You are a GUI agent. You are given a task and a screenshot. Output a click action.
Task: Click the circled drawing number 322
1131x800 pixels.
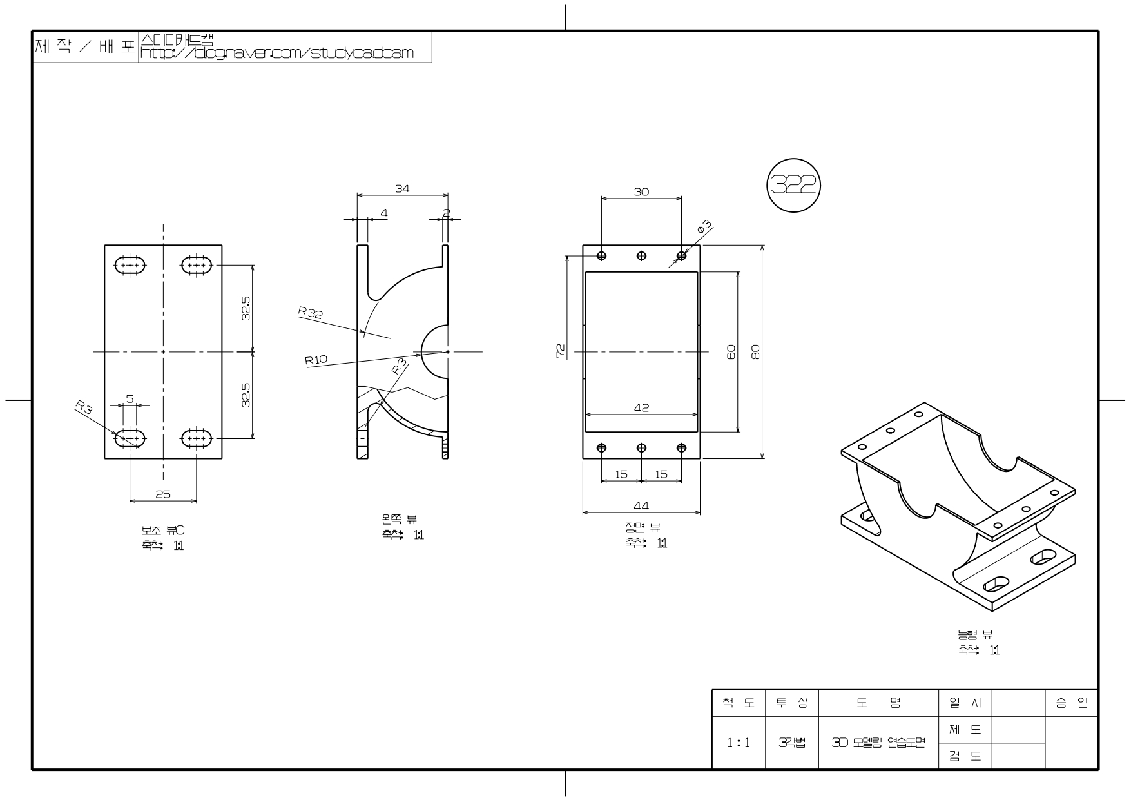tap(793, 186)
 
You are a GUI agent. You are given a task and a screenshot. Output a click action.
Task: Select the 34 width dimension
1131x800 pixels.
tap(402, 189)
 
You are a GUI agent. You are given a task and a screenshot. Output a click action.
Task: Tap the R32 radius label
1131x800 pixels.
tap(310, 313)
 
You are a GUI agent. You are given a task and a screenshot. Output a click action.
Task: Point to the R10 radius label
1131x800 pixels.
tap(316, 360)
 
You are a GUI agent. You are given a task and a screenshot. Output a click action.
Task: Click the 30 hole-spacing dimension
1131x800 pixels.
tap(641, 191)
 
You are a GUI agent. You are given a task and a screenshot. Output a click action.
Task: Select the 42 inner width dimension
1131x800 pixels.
tap(641, 407)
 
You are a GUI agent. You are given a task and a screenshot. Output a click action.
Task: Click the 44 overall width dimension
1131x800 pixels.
tap(641, 506)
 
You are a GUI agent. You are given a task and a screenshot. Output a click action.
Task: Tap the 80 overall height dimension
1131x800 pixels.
tap(755, 352)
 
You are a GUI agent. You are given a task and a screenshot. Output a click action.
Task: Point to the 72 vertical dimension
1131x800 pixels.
tap(561, 350)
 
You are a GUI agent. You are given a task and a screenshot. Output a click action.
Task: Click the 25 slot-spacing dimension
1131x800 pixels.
tap(163, 494)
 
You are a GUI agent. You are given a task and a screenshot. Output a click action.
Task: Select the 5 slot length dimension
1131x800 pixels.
tap(130, 399)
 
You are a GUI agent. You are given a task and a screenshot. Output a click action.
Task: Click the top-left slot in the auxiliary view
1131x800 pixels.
tap(130, 265)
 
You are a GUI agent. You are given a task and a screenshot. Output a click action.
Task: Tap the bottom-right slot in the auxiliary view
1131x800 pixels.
tap(197, 439)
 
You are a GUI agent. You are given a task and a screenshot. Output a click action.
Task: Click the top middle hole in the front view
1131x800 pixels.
tap(642, 256)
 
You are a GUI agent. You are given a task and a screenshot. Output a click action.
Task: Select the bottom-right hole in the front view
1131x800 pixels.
tap(682, 447)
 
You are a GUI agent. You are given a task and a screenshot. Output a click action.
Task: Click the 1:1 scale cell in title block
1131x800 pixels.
tap(739, 743)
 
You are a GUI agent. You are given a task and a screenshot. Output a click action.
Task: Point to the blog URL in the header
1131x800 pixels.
tap(277, 53)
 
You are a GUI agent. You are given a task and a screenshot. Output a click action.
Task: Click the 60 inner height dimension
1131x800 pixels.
tap(731, 352)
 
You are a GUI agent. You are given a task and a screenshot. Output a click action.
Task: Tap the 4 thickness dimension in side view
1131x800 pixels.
tap(384, 212)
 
